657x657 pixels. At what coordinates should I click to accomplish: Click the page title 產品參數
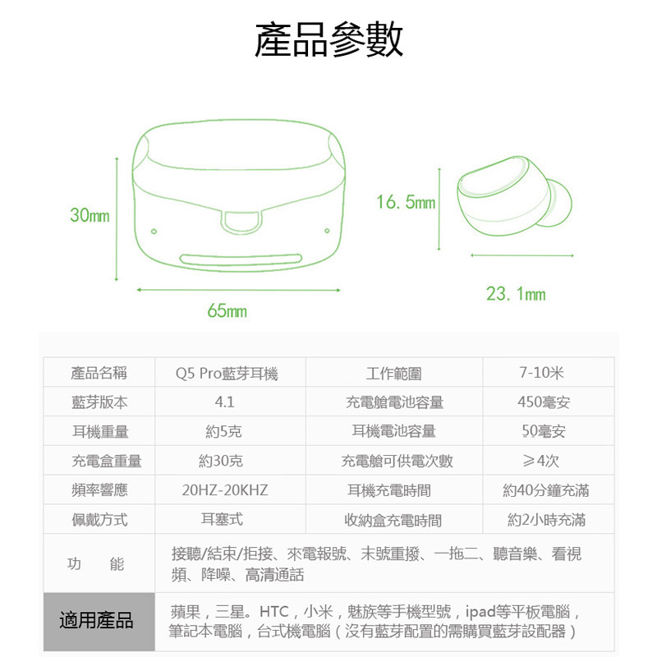pyautogui.click(x=329, y=39)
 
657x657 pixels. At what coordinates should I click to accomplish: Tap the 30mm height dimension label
pyautogui.click(x=90, y=215)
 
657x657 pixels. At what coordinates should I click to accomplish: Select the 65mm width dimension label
pyautogui.click(x=227, y=311)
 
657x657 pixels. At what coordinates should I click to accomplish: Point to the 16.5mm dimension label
pyautogui.click(x=406, y=202)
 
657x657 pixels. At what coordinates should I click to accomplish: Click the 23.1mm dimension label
pyautogui.click(x=516, y=294)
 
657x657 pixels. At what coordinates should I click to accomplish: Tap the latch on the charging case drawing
pyautogui.click(x=241, y=222)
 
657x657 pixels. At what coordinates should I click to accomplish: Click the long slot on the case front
pyautogui.click(x=241, y=260)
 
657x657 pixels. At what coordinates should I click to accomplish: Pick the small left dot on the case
pyautogui.click(x=154, y=232)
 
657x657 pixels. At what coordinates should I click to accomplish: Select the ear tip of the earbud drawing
pyautogui.click(x=558, y=203)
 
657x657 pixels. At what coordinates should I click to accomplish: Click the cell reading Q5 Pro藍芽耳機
pyautogui.click(x=227, y=373)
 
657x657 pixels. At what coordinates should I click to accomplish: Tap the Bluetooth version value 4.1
pyautogui.click(x=224, y=402)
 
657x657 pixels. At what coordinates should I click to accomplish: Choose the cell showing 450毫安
pyautogui.click(x=544, y=402)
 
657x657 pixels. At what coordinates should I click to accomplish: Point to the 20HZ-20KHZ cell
pyautogui.click(x=225, y=489)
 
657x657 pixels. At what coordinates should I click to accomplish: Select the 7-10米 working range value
pyautogui.click(x=542, y=373)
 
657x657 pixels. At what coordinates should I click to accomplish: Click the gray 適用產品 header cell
pyautogui.click(x=99, y=622)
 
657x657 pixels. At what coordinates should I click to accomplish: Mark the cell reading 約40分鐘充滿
pyautogui.click(x=546, y=489)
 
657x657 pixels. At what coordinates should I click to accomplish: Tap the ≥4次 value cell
pyautogui.click(x=541, y=461)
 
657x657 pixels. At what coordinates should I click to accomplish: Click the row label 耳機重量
pyautogui.click(x=100, y=431)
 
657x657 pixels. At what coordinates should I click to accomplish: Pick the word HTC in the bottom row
pyautogui.click(x=274, y=612)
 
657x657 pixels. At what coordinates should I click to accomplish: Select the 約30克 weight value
pyautogui.click(x=221, y=461)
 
